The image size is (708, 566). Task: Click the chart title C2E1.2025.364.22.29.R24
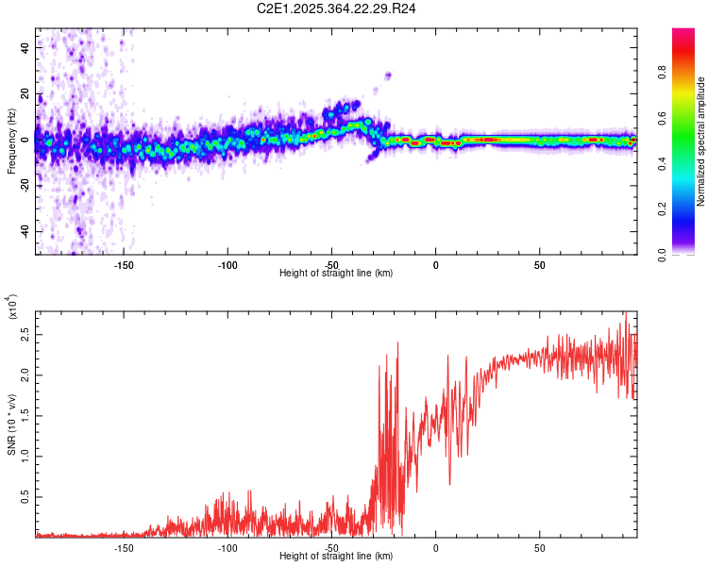[x=337, y=8]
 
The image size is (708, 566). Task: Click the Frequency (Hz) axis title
[x=11, y=141]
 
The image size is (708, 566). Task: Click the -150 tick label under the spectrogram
[x=123, y=265]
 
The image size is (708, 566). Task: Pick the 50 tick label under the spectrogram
[x=539, y=265]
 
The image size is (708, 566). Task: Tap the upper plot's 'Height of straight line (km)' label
[x=336, y=274]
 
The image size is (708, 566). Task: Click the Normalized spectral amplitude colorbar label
[x=701, y=141]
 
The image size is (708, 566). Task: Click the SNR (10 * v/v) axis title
[x=11, y=424]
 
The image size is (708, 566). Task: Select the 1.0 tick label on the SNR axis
[x=25, y=455]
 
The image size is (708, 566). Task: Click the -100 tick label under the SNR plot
[x=227, y=548]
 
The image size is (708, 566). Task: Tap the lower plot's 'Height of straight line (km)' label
[x=336, y=557]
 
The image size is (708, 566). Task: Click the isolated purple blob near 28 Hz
[x=387, y=75]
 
